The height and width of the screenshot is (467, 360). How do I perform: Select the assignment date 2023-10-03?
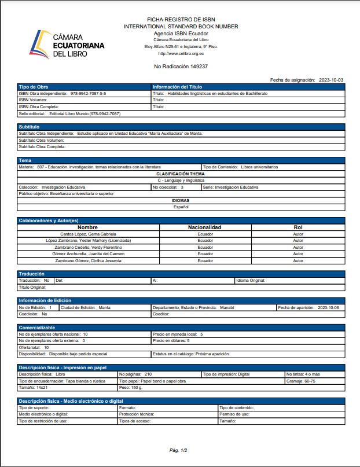[x=331, y=80]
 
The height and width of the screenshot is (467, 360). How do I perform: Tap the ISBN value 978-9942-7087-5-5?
[x=88, y=93]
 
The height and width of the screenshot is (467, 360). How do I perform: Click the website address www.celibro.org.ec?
[x=181, y=53]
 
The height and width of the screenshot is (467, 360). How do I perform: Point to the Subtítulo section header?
[x=29, y=126]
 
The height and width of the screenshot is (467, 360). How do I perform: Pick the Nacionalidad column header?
[x=205, y=227]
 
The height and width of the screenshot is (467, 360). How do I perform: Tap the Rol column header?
[x=298, y=227]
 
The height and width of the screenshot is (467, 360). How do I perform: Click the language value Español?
[x=181, y=207]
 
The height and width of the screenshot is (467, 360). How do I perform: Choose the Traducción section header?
[x=32, y=274]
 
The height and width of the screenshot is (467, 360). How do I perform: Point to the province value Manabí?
[x=226, y=308]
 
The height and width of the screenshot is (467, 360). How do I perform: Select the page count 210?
[x=148, y=374]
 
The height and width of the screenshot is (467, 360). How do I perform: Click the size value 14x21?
[x=42, y=387]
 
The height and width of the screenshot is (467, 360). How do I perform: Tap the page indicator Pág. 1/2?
[x=178, y=450]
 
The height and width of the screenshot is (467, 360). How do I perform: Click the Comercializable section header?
[x=37, y=328]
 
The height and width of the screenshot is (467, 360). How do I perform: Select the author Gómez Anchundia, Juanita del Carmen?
[x=88, y=254]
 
